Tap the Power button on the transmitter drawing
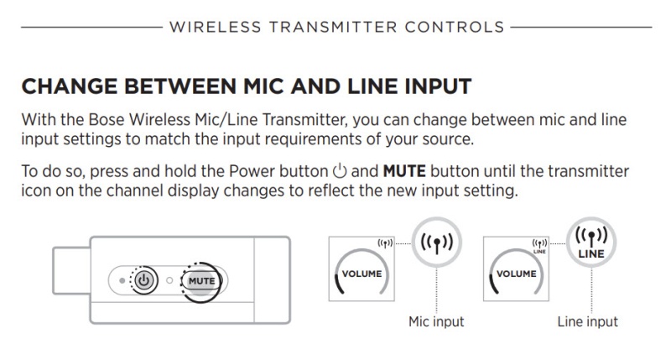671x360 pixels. (x=143, y=279)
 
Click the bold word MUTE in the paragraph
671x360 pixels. (x=405, y=173)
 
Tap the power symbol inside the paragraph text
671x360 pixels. (x=339, y=173)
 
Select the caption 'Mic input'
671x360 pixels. (x=436, y=321)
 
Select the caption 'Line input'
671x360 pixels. (x=587, y=321)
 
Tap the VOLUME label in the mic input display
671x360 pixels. (x=362, y=274)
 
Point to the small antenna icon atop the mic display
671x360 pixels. (x=387, y=243)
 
